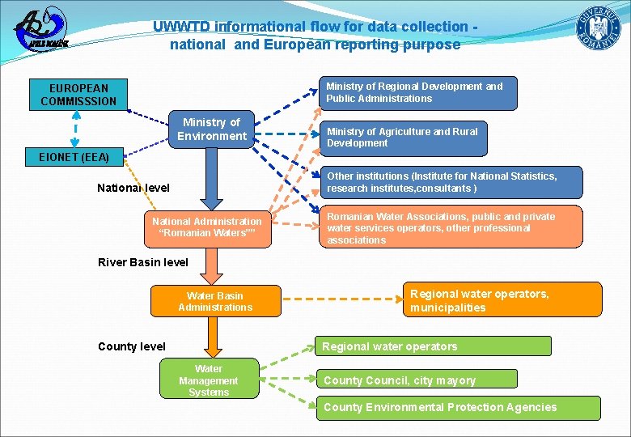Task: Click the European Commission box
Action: [x=78, y=94]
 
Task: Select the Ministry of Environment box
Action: [x=212, y=129]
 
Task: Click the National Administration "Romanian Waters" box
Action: [x=208, y=227]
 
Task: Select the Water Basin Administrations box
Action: [x=215, y=301]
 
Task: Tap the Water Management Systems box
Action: [x=209, y=380]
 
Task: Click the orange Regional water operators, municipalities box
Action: [x=502, y=300]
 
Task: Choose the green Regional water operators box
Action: [x=432, y=346]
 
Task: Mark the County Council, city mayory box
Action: [x=416, y=380]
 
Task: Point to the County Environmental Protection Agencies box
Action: [x=457, y=407]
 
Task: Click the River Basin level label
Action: [x=142, y=262]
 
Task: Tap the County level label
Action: [x=131, y=346]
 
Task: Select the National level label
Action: [x=133, y=188]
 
